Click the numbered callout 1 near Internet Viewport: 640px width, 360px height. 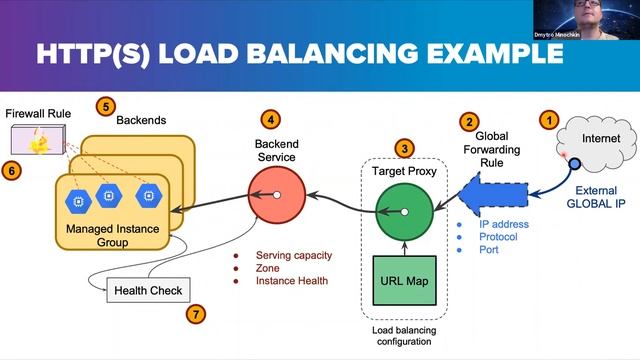point(547,119)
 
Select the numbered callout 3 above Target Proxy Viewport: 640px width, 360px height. point(404,149)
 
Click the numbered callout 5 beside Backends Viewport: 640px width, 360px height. point(106,104)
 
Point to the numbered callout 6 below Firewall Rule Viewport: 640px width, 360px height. point(12,171)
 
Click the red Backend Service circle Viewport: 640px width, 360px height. point(276,196)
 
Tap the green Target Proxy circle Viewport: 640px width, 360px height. point(404,212)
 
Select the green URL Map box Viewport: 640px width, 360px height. point(404,280)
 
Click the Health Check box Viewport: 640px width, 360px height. point(147,291)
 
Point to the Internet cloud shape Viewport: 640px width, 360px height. point(599,142)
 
